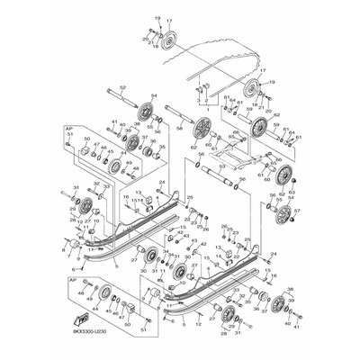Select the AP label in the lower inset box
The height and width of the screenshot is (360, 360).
[x=70, y=283]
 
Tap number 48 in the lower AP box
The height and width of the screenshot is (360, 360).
[x=79, y=293]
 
